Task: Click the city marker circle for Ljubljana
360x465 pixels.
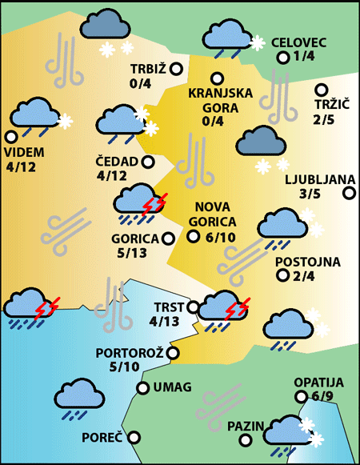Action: tap(349, 192)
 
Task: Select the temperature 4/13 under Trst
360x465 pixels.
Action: tap(165, 323)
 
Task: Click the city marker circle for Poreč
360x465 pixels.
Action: tap(134, 437)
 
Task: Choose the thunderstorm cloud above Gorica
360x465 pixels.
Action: tap(138, 201)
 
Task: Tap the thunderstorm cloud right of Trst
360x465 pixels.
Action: tap(222, 308)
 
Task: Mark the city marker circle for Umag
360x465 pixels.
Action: tap(143, 388)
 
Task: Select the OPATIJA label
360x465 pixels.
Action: tap(318, 383)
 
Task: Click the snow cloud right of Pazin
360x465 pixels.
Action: tap(287, 433)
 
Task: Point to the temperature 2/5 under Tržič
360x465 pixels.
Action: tap(325, 120)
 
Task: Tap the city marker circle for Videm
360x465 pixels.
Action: tap(10, 137)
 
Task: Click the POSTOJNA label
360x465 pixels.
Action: tap(307, 262)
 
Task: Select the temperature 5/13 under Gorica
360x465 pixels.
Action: tap(132, 253)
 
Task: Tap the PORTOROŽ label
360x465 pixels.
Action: tap(129, 353)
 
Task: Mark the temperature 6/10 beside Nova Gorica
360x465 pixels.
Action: tap(221, 236)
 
